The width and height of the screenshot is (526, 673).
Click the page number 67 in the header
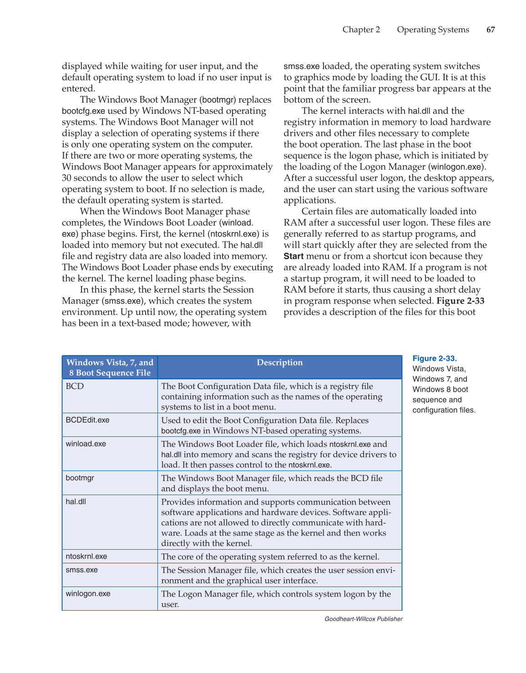(491, 30)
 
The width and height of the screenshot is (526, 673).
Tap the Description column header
(279, 363)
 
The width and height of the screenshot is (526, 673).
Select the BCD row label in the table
(75, 386)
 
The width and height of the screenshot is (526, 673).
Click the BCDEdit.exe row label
(87, 420)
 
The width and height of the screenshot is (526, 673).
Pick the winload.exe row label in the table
(86, 444)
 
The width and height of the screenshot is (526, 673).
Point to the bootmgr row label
(80, 478)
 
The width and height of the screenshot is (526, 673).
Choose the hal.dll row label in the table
(76, 501)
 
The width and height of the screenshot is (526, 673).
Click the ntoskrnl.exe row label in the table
(86, 556)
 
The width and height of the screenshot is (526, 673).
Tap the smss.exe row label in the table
(81, 570)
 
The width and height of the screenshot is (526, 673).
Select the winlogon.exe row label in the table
(88, 593)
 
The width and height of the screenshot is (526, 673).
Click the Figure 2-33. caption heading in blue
(435, 359)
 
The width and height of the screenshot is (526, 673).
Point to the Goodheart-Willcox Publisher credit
(363, 619)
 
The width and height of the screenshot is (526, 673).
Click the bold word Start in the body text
(293, 256)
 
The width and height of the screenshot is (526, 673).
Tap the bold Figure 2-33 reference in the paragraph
(460, 301)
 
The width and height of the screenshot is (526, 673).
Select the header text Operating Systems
(433, 30)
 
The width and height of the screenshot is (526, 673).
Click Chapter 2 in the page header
(361, 30)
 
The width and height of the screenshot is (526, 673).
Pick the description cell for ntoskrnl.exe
(270, 557)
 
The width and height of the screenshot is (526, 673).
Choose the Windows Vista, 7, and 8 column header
(110, 368)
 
